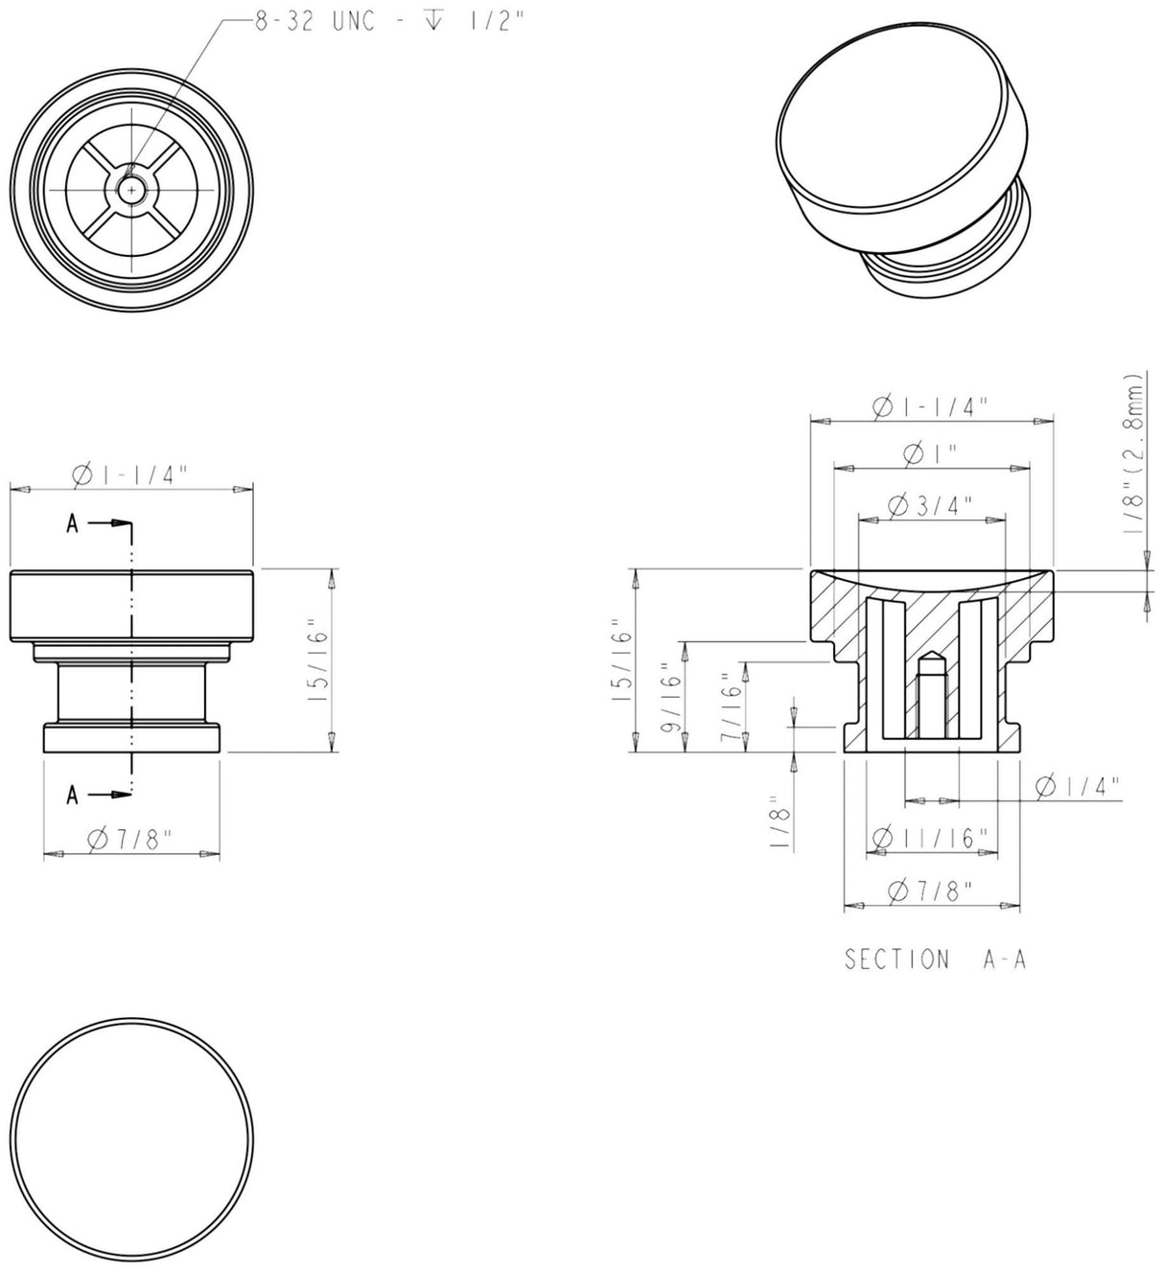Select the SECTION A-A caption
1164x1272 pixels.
[935, 959]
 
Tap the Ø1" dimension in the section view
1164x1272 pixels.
[930, 454]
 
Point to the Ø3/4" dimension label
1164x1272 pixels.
[930, 505]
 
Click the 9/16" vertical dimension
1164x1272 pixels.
[670, 697]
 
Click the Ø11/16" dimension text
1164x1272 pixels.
[929, 838]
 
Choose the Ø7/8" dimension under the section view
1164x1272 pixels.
[929, 890]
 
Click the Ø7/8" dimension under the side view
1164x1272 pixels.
[129, 840]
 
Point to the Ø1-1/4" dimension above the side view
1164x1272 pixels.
[129, 474]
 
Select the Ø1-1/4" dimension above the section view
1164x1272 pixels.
[929, 406]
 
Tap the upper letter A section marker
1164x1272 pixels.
[72, 523]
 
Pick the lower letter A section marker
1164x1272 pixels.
[72, 794]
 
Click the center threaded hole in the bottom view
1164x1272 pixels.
[131, 190]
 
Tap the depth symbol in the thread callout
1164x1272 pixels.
[432, 20]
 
